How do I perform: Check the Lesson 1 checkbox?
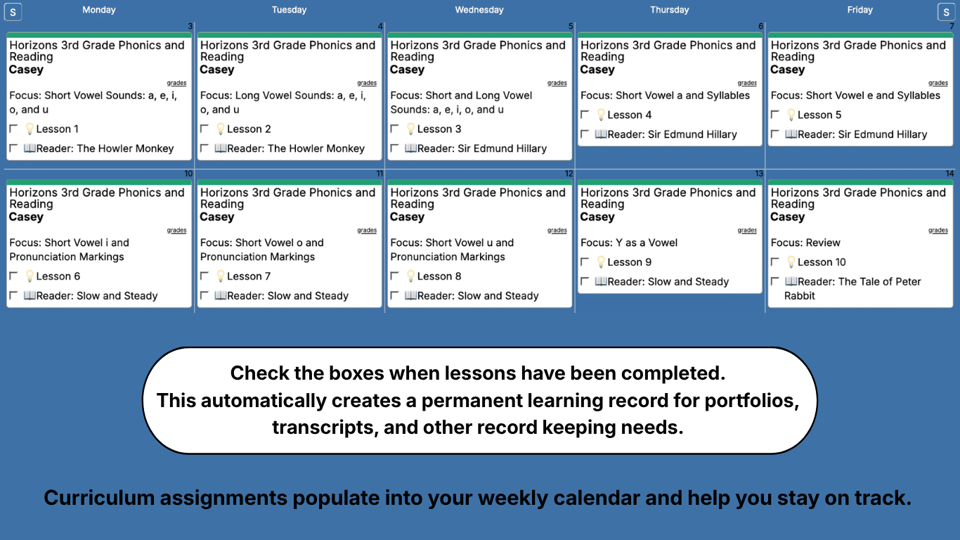click(x=13, y=129)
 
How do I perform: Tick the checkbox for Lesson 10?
click(x=775, y=262)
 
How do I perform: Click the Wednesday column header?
click(x=479, y=10)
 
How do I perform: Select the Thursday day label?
click(x=669, y=10)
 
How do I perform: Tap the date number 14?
click(x=949, y=174)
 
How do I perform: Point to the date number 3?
click(x=190, y=27)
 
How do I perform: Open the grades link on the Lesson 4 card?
click(x=747, y=83)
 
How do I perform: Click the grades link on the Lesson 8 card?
click(x=557, y=230)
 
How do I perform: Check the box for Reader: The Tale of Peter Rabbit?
click(x=775, y=281)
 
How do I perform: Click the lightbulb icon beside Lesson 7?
click(x=220, y=276)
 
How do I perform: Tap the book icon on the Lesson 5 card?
click(x=791, y=134)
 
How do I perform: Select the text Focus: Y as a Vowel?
click(x=629, y=243)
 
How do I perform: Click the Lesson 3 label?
click(x=439, y=129)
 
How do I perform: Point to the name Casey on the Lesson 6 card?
click(x=26, y=217)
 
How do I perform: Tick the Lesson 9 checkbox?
click(x=585, y=262)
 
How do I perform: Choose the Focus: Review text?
click(x=805, y=243)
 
